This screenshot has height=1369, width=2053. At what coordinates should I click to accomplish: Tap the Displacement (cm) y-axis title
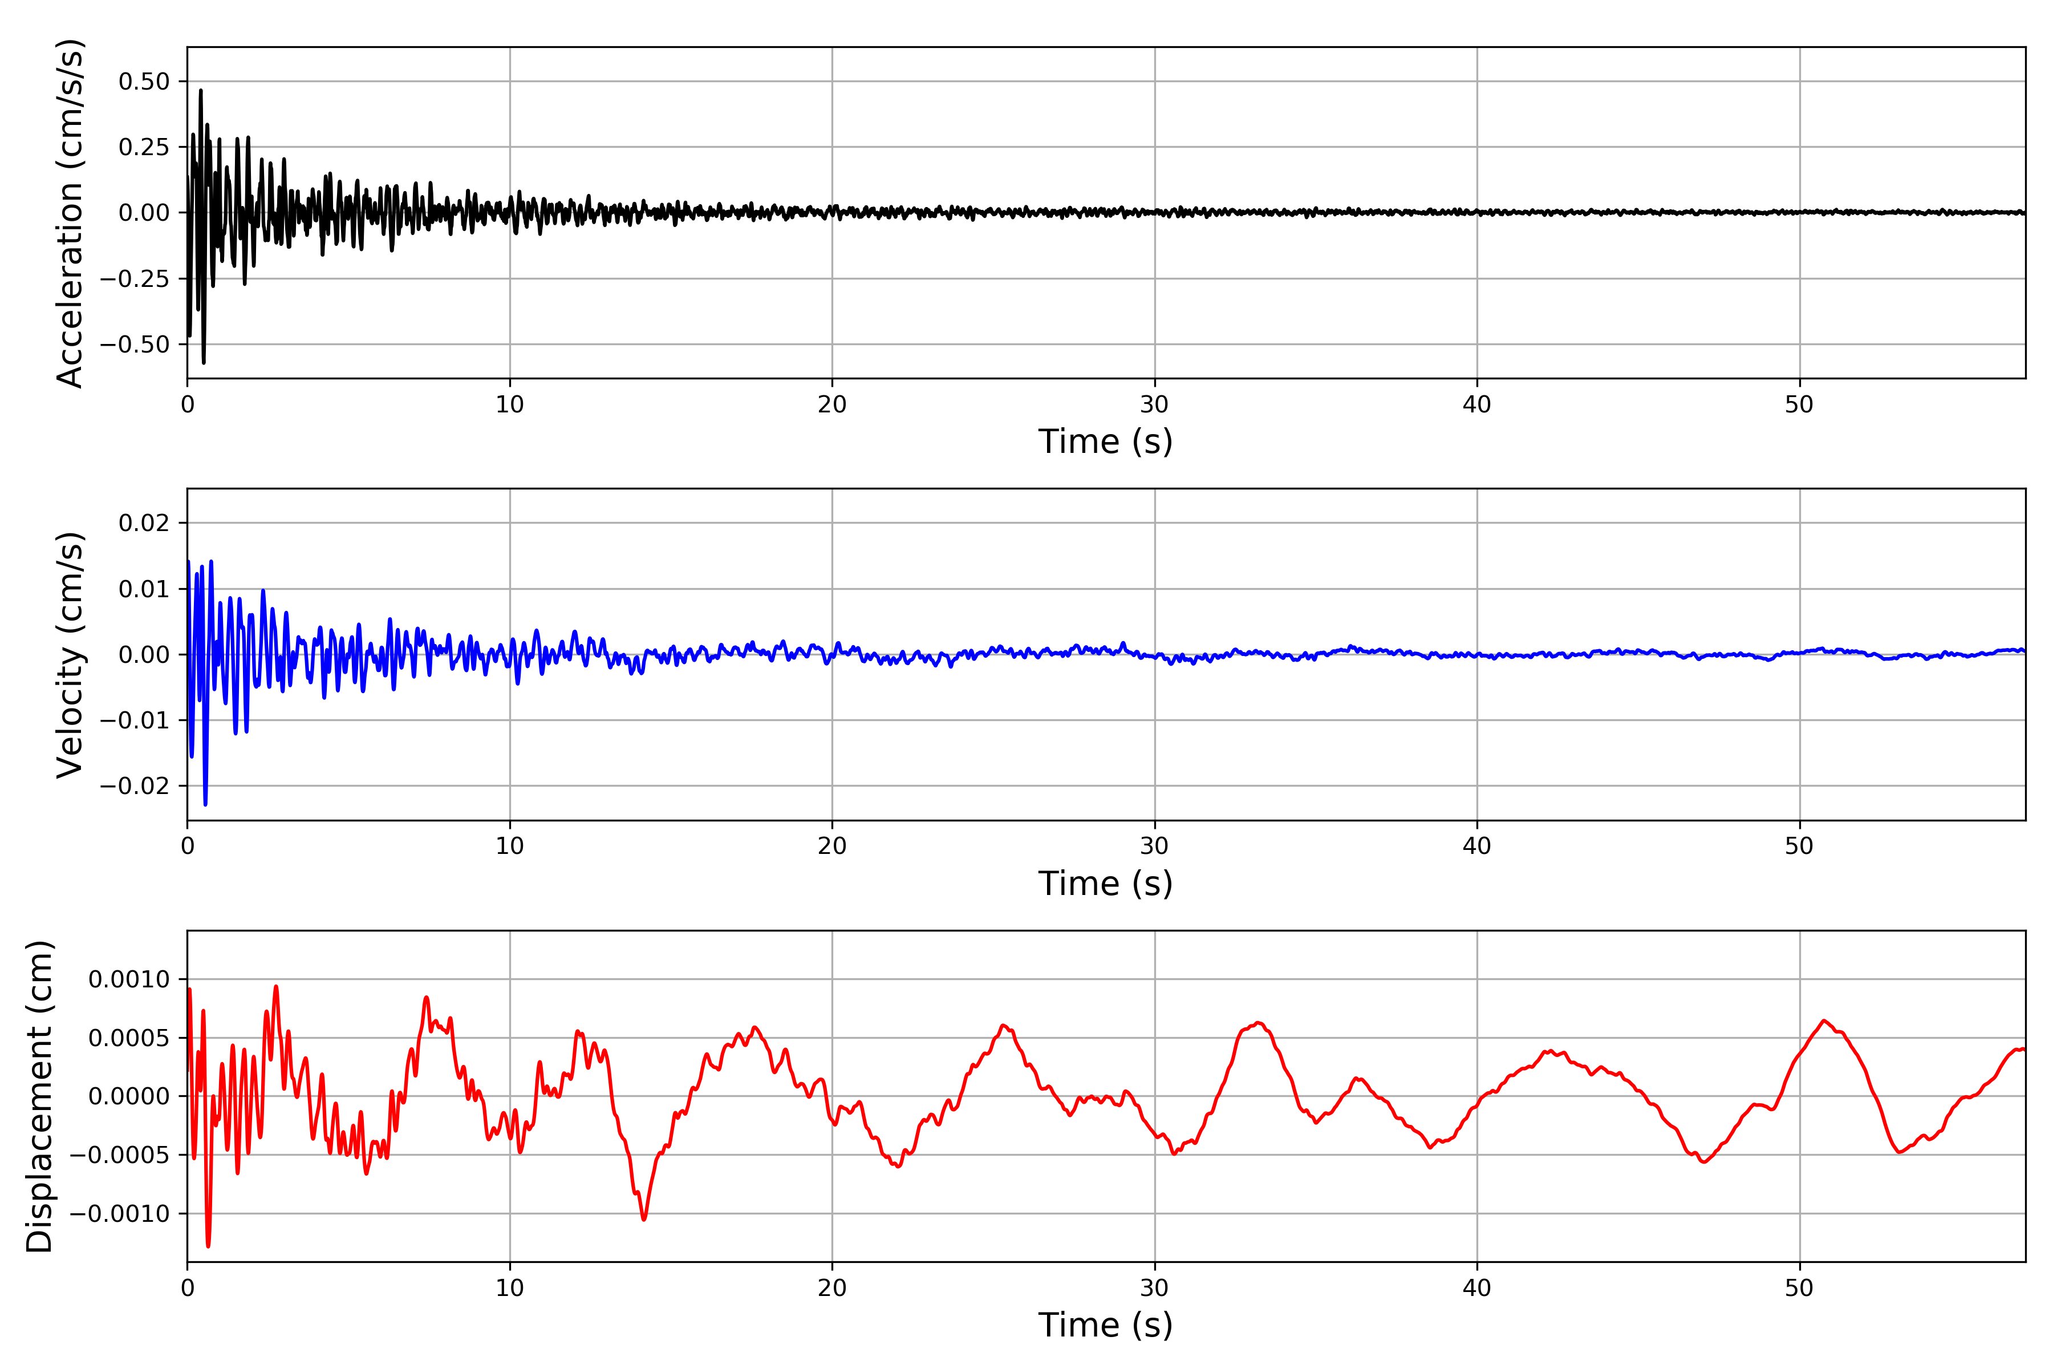point(39,1096)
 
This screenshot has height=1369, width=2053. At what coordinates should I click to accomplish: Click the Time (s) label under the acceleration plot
point(1105,442)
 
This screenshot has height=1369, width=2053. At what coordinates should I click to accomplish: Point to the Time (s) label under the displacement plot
point(1105,1325)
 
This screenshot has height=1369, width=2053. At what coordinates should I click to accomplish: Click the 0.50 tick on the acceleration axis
point(144,82)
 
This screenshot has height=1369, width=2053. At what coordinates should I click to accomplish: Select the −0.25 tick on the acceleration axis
point(135,278)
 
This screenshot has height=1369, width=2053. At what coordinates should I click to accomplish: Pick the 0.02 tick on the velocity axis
point(144,523)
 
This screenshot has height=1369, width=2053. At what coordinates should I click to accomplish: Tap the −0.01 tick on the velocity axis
point(135,720)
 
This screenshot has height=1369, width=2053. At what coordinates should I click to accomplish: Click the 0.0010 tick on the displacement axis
point(129,979)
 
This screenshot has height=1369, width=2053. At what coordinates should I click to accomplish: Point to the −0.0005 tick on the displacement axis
point(120,1155)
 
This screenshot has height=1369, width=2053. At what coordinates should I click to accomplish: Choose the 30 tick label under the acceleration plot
point(1154,405)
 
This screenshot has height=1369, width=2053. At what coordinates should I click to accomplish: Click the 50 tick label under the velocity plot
point(1799,846)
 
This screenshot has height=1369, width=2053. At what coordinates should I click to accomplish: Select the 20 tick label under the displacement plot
point(832,1288)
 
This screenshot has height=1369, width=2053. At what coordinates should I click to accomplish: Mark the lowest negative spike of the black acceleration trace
point(204,362)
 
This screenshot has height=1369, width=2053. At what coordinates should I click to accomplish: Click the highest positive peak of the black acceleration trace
point(201,90)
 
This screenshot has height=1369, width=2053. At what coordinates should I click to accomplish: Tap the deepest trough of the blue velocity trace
point(205,804)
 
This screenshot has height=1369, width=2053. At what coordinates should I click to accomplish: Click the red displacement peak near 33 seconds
point(1259,1022)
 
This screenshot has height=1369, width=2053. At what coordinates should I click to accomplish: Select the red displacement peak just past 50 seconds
point(1824,1020)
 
